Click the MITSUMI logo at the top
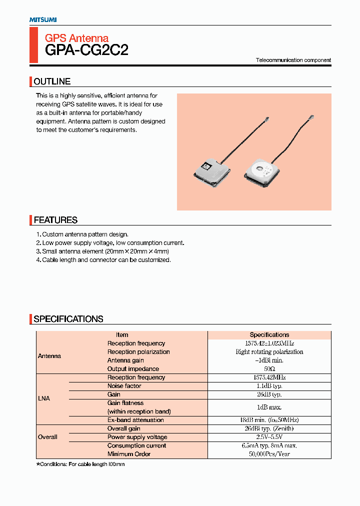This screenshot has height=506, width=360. pos(42,19)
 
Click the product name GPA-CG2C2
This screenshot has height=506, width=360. pos(86,50)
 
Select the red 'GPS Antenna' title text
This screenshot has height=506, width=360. pos(76,38)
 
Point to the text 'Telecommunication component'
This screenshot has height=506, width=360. pos(293,60)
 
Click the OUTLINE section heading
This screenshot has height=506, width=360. pos(52,81)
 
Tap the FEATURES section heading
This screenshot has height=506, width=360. pos(55,220)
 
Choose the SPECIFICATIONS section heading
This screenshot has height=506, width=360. pos(68,319)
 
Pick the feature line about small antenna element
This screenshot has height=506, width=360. pos(105,251)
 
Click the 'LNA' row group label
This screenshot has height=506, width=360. pos(44,398)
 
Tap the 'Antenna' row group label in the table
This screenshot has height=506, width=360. pos(49,356)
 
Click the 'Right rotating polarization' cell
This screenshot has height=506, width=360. pos(269,352)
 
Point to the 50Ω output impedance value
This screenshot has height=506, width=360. pos(269,369)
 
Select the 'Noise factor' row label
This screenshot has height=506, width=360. pos(124,386)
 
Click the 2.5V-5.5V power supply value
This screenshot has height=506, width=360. pos(269,437)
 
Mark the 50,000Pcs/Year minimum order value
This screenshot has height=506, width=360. pos(269,454)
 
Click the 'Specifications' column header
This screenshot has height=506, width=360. pos(269,335)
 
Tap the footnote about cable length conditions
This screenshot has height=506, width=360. pos(80,464)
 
